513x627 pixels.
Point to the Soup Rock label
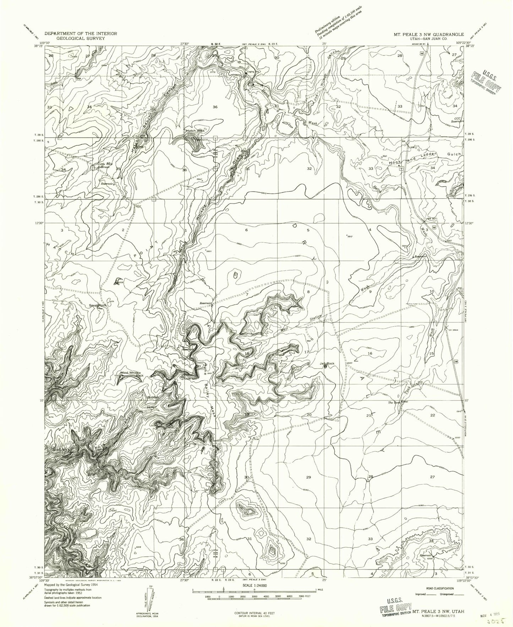(x=98, y=305)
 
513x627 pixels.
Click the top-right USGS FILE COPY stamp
(x=486, y=81)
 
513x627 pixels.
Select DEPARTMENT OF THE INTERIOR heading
(x=81, y=33)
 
